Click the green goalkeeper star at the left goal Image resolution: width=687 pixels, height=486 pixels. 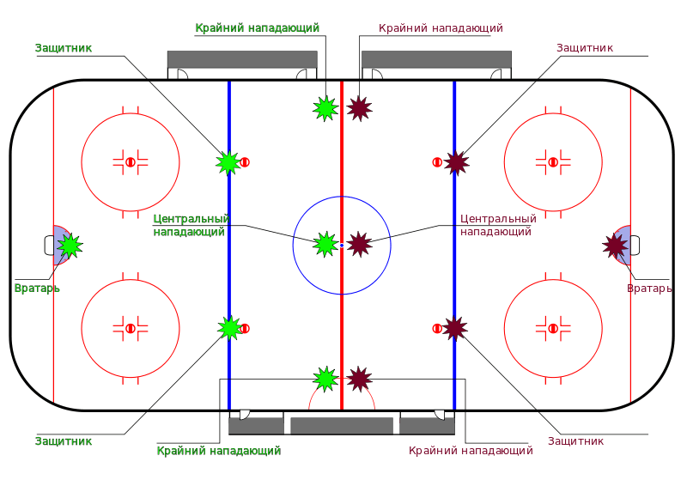(x=70, y=246)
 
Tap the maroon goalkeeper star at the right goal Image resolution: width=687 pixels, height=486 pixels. (x=615, y=246)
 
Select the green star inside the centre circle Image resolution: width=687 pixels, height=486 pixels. (x=325, y=244)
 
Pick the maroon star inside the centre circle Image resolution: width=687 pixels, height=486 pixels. (x=359, y=244)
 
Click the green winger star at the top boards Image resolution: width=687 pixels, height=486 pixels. (x=325, y=108)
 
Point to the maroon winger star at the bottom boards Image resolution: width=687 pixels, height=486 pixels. (x=359, y=379)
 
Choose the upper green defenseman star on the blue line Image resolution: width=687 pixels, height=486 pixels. (x=228, y=161)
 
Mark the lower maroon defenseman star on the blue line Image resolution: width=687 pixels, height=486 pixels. (x=454, y=327)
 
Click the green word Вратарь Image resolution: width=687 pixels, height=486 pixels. (x=37, y=288)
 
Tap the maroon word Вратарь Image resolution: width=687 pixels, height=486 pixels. (x=649, y=289)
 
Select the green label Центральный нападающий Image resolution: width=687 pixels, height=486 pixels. (x=191, y=225)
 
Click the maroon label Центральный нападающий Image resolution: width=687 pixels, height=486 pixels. (x=497, y=225)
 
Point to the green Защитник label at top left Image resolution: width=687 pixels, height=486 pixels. (x=64, y=48)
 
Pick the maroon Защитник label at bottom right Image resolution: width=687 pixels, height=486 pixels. (x=575, y=441)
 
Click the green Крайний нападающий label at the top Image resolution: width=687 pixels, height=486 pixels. (x=258, y=28)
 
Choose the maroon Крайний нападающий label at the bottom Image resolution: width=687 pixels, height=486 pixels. (x=471, y=450)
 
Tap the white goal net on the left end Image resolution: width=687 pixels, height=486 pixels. (x=48, y=246)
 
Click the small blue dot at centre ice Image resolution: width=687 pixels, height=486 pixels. (x=342, y=246)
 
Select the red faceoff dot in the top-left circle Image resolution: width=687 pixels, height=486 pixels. (x=131, y=161)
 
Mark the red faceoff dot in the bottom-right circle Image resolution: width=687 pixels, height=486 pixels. (x=553, y=327)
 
